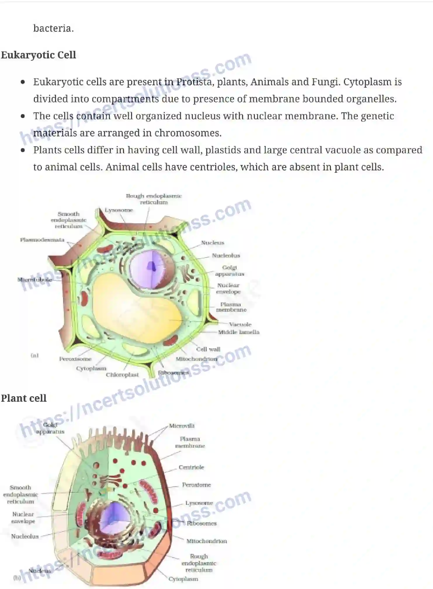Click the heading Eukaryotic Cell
(38, 55)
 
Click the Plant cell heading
(24, 398)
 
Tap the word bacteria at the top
(53, 28)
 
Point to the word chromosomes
(188, 133)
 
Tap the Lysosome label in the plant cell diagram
(119, 210)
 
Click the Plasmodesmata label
(42, 240)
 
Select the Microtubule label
(34, 279)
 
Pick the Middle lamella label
(239, 332)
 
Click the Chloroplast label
(122, 375)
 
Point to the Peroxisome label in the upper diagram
(75, 359)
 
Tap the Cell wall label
(208, 349)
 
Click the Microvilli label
(182, 426)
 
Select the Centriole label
(191, 467)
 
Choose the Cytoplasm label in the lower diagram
(183, 579)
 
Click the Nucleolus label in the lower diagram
(25, 536)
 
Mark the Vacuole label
(240, 324)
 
